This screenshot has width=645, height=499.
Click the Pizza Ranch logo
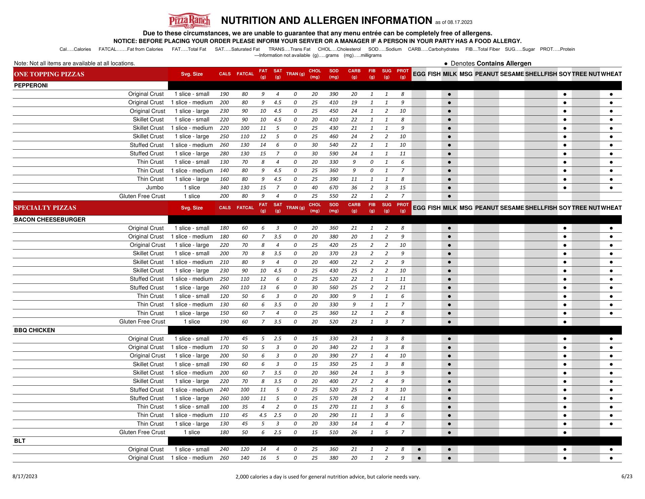189,21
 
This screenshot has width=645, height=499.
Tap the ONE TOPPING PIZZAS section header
49,74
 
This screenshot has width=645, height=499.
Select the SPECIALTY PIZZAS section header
45,208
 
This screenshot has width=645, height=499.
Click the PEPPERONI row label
31,85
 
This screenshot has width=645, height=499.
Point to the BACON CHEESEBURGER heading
50,220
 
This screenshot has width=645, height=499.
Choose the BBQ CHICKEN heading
34,330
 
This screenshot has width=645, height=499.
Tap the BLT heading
20,441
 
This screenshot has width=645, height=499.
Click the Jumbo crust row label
155,188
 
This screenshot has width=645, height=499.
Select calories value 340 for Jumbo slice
224,188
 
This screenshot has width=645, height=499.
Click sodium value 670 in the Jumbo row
334,188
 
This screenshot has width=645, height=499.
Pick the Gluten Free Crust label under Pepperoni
142,196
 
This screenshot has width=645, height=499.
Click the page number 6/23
627,476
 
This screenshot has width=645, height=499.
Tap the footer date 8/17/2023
25,476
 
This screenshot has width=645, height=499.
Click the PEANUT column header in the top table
486,74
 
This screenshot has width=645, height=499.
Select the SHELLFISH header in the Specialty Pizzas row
541,208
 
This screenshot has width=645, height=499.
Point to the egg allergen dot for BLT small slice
419,450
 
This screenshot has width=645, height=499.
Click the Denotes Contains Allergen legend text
490,64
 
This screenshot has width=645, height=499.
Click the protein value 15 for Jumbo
402,188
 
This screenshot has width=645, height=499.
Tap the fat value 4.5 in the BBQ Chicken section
263,415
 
